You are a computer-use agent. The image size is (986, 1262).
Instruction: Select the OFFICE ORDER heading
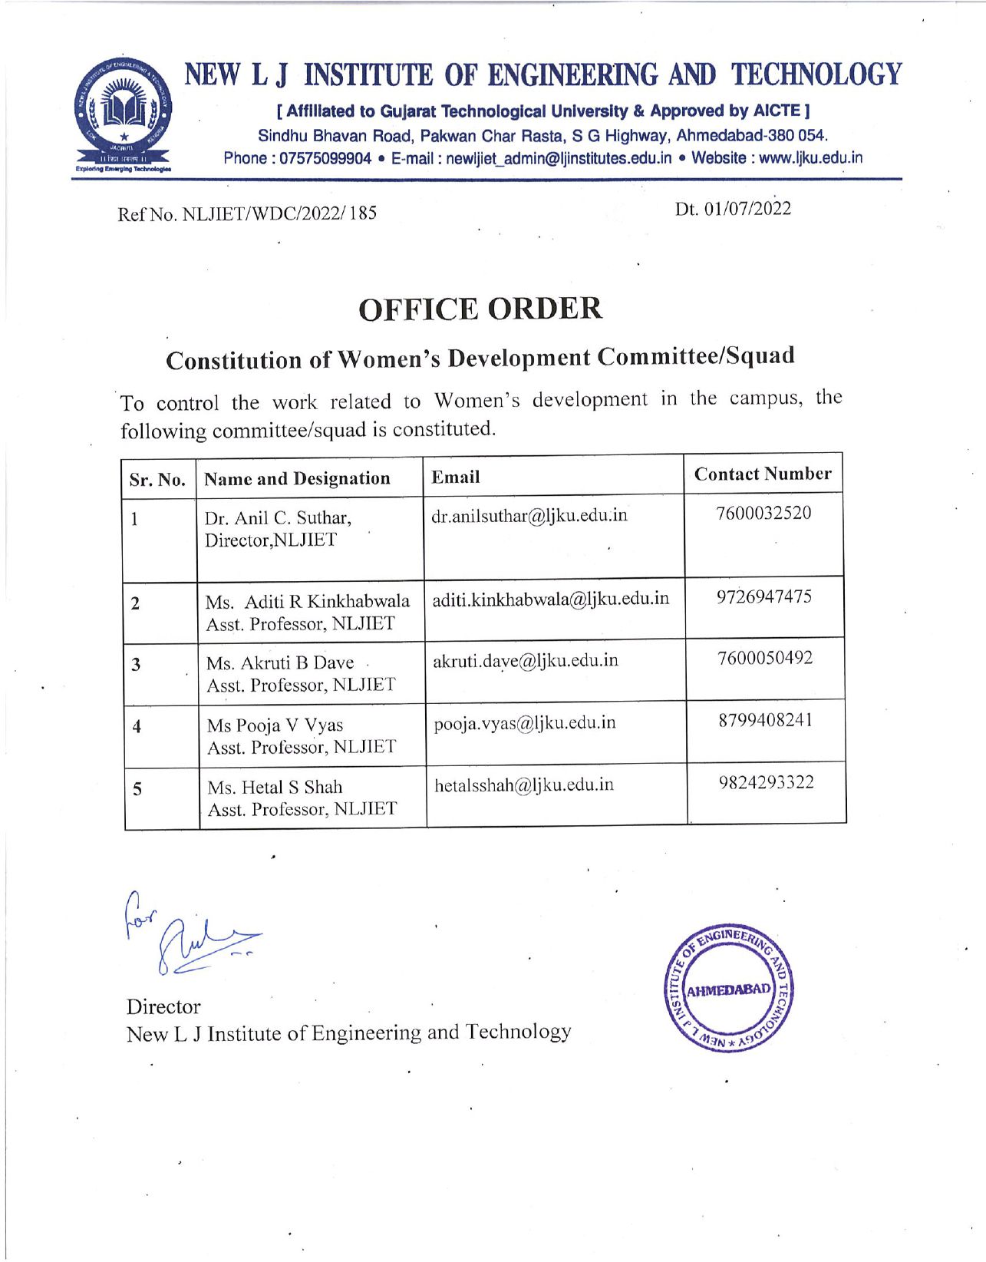[480, 309]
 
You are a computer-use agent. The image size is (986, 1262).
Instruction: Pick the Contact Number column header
[763, 474]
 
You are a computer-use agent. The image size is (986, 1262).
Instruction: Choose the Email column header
[456, 477]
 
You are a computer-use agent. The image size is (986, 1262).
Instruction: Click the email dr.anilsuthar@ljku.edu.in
[529, 515]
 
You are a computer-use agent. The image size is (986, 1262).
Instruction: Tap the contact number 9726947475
[764, 596]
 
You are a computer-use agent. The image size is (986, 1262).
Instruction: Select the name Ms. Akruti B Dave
[280, 662]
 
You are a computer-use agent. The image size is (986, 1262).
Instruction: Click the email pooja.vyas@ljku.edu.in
[525, 722]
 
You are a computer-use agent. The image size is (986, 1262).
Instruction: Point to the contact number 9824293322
[767, 782]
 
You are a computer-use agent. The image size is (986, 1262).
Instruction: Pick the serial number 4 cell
[137, 726]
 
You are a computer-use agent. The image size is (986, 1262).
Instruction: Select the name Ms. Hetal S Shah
[275, 787]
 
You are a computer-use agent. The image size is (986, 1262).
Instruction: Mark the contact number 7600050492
[765, 658]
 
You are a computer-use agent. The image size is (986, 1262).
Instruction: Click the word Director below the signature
[163, 1006]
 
